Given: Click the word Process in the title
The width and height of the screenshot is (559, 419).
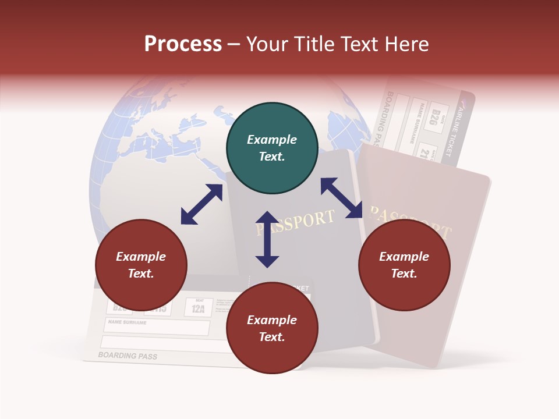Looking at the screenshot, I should pos(183,44).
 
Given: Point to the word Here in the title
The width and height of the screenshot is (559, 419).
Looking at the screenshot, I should pos(407,44).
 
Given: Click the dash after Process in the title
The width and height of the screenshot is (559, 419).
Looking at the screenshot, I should pos(234,45).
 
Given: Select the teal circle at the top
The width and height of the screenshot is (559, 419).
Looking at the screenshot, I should pos(272,148).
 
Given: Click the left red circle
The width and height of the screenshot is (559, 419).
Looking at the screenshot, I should pos(141,265).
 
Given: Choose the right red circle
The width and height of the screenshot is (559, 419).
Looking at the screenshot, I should pos(404,265).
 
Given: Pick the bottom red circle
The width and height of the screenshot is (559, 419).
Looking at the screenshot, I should pos(272,328).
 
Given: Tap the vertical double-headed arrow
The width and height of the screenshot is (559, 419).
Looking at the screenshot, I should pos(267,239).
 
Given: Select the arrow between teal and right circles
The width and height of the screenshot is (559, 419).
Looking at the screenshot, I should pos(342,198).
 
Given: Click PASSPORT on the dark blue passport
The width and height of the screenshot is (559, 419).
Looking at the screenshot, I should pos(296,223).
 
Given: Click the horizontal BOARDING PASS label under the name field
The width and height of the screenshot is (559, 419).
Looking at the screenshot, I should pos(128,356).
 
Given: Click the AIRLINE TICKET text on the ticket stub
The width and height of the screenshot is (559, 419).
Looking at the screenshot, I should pos(455,132).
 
